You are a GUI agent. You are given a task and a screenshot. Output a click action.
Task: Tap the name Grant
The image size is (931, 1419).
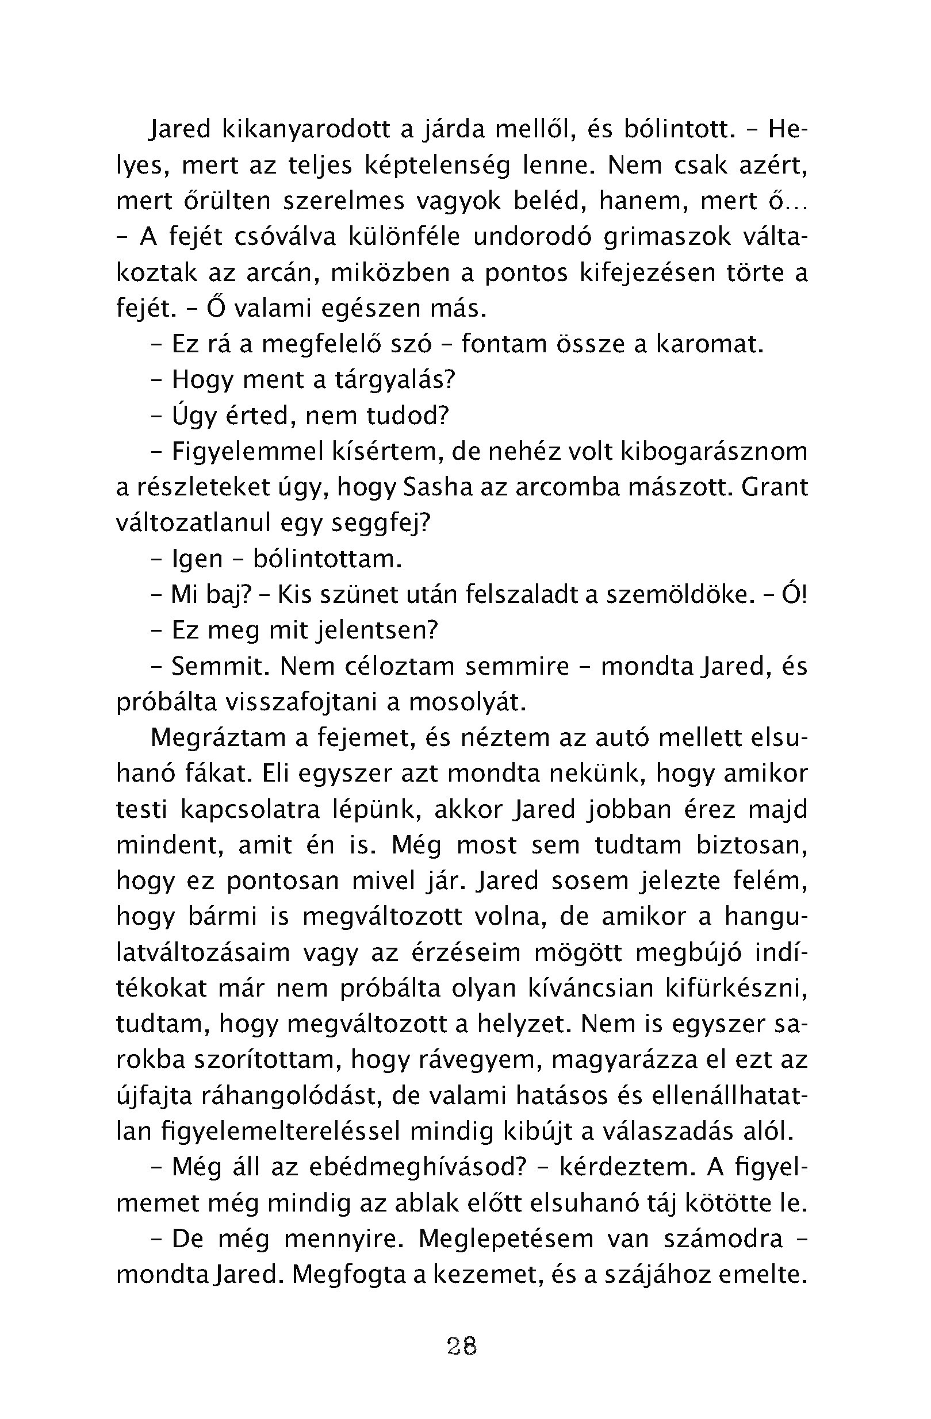pos(775,487)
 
